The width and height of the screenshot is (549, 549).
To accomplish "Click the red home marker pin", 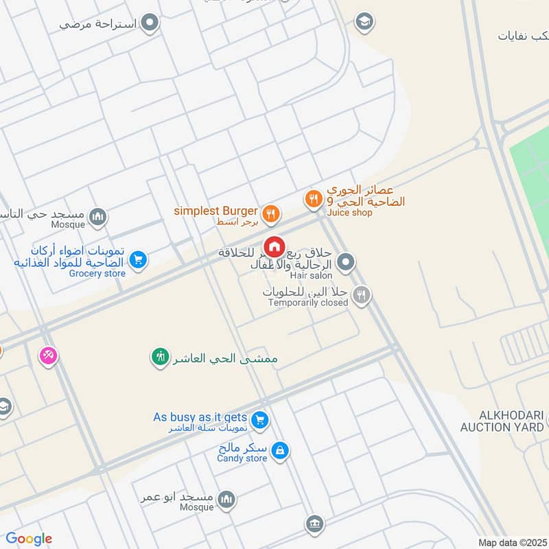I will tap(274, 246).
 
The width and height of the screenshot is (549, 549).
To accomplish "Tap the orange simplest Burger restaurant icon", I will tap(271, 214).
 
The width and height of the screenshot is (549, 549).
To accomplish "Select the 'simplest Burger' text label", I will tap(215, 211).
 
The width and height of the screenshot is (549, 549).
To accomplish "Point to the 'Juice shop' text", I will tap(349, 213).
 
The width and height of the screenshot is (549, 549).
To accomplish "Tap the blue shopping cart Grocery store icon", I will tap(139, 259).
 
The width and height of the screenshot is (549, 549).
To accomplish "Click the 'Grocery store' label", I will tap(97, 274).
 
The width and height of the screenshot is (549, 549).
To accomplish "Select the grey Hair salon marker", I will tap(347, 262).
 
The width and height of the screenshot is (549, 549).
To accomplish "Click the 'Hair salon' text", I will tap(311, 275).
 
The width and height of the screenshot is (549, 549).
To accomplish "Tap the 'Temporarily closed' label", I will tap(308, 303).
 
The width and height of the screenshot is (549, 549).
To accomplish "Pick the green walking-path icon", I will tap(160, 357).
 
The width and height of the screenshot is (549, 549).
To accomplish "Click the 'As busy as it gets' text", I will tap(200, 417).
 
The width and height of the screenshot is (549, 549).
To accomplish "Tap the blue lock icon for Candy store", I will tap(279, 451).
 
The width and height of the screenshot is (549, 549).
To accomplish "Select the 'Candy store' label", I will tap(242, 458).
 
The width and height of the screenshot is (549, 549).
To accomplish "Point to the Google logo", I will tap(29, 539).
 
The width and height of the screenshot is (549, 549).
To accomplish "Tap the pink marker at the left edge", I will tap(48, 355).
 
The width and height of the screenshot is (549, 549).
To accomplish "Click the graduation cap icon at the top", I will tap(364, 22).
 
